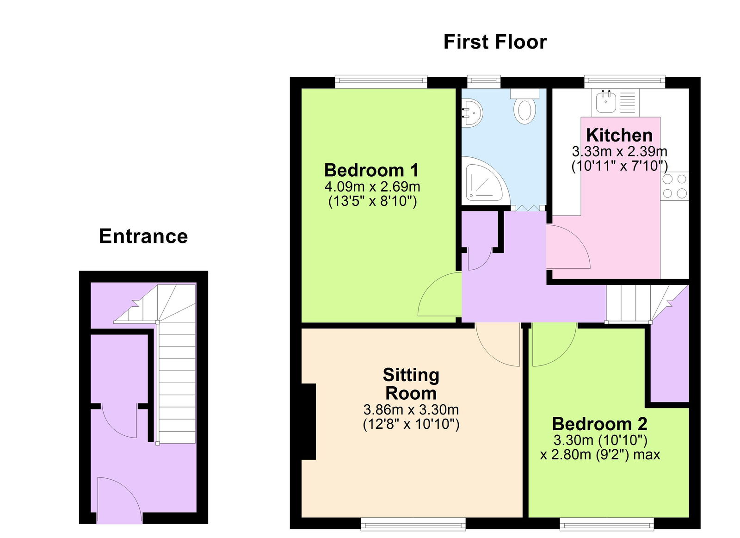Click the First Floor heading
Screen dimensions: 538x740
[x=495, y=42]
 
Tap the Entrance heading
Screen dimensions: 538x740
[x=143, y=236]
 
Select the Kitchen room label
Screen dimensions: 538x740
[x=619, y=135]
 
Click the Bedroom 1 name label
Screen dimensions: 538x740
[x=371, y=170]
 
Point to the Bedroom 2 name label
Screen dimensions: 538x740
[x=599, y=424]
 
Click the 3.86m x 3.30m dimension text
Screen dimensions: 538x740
[x=411, y=409]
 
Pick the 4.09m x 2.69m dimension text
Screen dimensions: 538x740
[x=372, y=187]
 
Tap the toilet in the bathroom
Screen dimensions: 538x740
[x=524, y=107]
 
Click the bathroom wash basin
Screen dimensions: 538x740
[x=472, y=112]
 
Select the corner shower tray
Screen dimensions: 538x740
[x=483, y=181]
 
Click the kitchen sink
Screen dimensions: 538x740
[x=605, y=102]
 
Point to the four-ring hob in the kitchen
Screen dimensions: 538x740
[x=675, y=186]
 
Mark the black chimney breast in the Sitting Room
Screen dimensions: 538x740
[x=308, y=421]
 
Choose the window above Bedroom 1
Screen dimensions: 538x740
[x=381, y=82]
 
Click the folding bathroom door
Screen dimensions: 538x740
[x=528, y=208]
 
